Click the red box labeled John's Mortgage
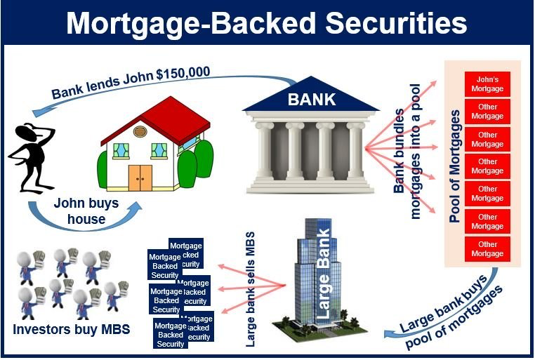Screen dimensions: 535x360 (x=487, y=84)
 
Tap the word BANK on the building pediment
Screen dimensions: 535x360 (x=312, y=100)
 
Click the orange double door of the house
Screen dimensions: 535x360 (x=140, y=178)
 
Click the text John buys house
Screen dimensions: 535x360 (x=86, y=211)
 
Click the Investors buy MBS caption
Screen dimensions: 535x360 (x=72, y=329)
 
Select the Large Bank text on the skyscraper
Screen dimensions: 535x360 (x=323, y=274)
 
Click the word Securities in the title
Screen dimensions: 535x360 (x=396, y=23)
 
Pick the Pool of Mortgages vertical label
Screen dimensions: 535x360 (x=454, y=166)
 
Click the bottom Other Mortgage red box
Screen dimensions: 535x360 (x=487, y=249)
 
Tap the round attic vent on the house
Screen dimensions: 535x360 (x=140, y=131)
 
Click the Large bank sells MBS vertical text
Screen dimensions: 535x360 (x=251, y=289)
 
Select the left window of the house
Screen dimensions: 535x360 (x=121, y=151)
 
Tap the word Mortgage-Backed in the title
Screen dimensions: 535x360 (x=191, y=24)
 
